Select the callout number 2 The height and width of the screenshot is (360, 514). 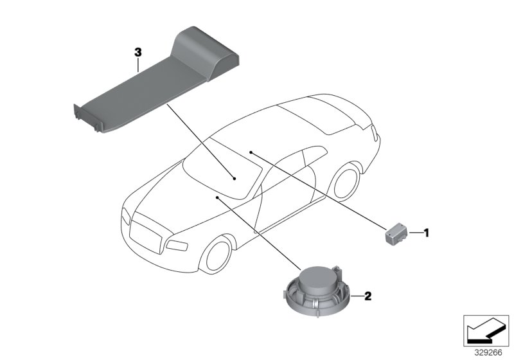pos(368,296)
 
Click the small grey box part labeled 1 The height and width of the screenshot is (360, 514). pos(396,233)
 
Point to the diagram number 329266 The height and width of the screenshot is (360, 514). pos(486,352)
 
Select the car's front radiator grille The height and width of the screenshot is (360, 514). pos(148,233)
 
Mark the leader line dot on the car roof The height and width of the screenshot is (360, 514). pos(251,152)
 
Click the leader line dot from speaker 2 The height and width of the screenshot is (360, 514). pos(218,198)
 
